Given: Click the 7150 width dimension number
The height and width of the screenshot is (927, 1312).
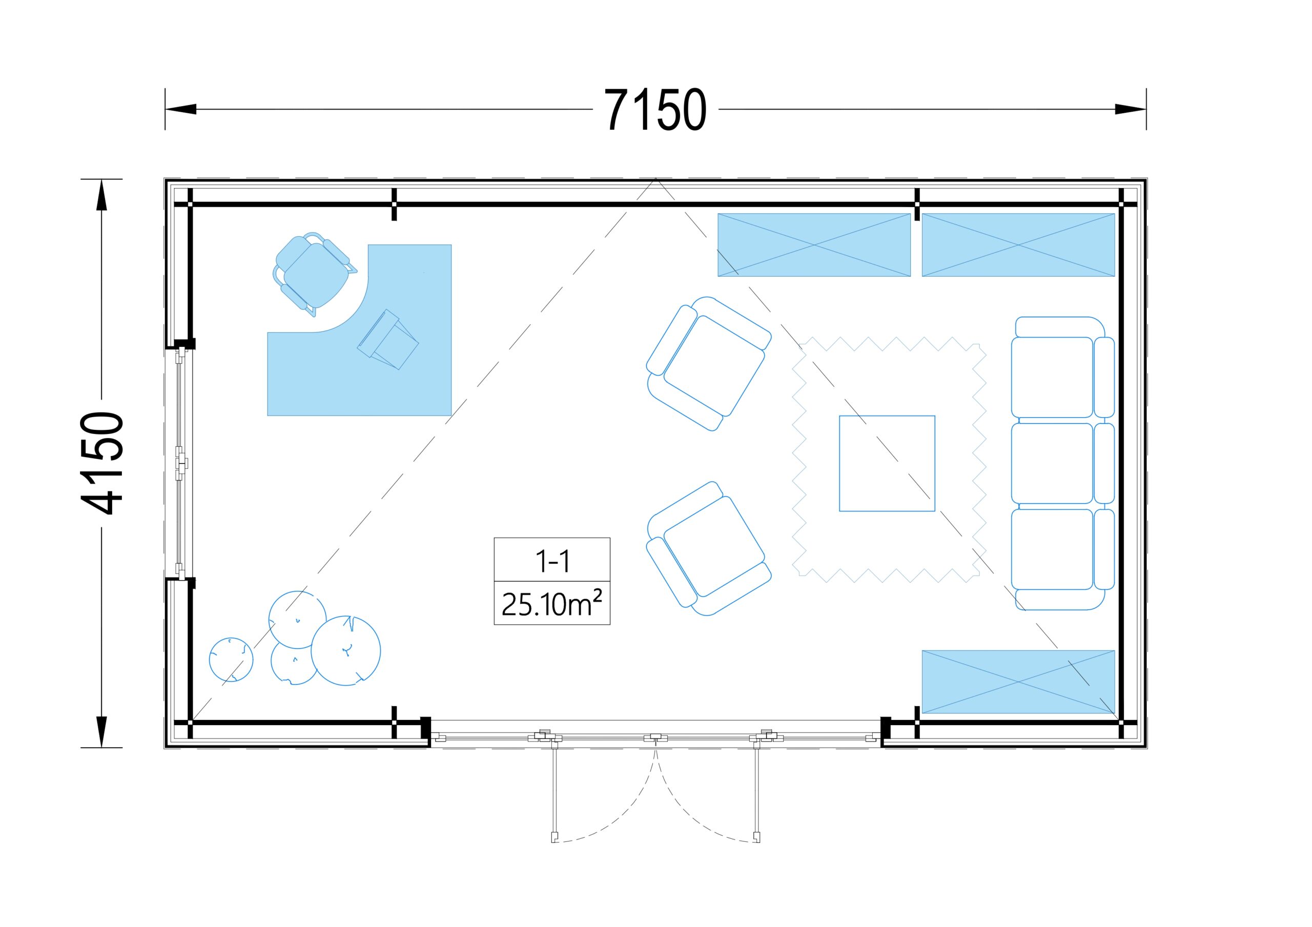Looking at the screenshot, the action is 655,110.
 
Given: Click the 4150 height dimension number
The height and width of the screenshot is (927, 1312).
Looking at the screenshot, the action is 101,463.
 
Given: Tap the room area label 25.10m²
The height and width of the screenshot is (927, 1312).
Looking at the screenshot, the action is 552,604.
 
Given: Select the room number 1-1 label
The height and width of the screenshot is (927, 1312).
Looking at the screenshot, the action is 552,561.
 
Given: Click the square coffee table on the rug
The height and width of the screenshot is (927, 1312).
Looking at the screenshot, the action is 887,463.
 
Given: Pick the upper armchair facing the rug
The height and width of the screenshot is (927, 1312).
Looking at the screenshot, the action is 709,363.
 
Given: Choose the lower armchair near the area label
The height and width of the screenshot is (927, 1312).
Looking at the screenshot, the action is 709,549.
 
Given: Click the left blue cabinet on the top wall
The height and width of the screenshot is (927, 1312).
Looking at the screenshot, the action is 814,245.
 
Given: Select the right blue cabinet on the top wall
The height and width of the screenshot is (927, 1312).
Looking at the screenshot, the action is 1018,245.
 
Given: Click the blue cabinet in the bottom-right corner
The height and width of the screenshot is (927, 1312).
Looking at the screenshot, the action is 1018,682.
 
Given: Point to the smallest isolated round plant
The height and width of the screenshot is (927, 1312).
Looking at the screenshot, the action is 231,659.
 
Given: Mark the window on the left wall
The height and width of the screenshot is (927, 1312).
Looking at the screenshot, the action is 180,463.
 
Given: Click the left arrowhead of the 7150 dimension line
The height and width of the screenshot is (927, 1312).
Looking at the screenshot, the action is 180,109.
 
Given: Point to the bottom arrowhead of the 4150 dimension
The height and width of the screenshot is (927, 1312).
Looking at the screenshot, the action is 101,732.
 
